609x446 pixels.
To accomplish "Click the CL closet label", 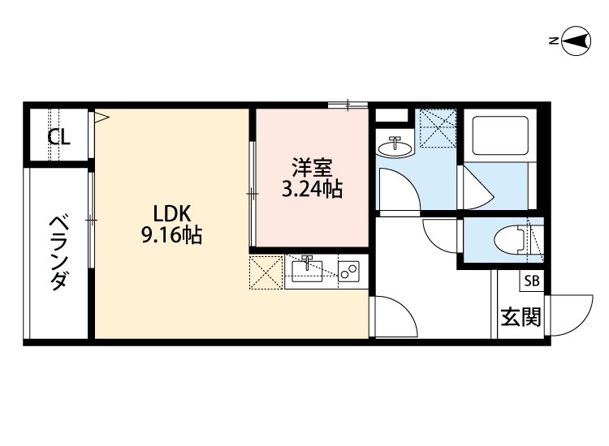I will [x=58, y=137].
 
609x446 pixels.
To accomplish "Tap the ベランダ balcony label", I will [x=58, y=253].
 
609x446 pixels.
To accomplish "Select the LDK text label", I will [x=171, y=214].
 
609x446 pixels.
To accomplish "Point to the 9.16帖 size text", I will [x=171, y=236].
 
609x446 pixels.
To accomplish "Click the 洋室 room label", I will [x=312, y=170].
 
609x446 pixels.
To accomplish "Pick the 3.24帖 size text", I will [x=312, y=191].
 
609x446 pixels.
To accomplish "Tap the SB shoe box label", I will [x=532, y=281].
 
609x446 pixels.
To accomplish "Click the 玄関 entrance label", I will [x=520, y=317].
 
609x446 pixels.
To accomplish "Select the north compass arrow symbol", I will [x=576, y=41].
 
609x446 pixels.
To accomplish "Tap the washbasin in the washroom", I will [x=396, y=146].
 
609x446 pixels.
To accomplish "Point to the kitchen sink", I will [x=307, y=270].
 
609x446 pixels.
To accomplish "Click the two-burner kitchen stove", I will [x=350, y=272].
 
